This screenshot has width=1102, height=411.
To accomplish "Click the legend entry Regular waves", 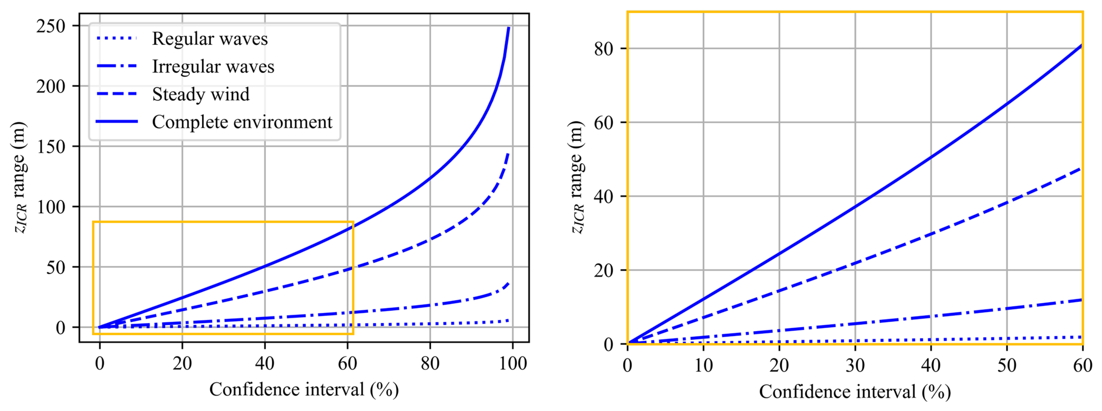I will coord(210,39).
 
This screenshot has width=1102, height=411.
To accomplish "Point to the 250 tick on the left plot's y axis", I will coord(51,26).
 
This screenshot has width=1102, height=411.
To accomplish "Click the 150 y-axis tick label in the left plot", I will coord(51,147).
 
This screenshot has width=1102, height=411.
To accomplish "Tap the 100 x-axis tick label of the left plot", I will coord(513,364).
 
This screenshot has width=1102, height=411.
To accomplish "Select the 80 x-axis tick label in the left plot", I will coord(430,364).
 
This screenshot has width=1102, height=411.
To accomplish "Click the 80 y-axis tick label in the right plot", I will coord(603,49).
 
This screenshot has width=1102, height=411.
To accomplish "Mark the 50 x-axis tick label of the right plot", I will coord(1007,366).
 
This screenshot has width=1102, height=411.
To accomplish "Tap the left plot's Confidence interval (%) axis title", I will coord(304,390).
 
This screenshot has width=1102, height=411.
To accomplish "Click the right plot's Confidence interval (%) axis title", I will coord(855,392).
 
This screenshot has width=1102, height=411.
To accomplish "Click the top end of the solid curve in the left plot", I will coord(509,28).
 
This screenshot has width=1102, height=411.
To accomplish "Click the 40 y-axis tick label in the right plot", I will coord(603,196).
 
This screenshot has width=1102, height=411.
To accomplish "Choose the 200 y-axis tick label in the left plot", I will coord(51,86).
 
